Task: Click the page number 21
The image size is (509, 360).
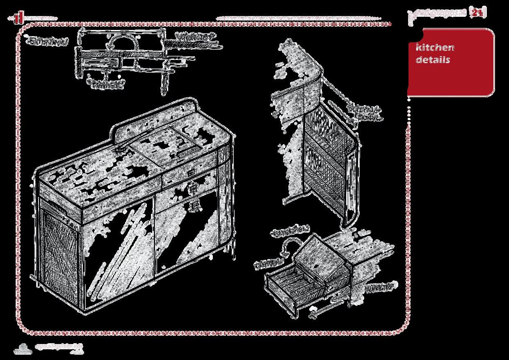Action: (x=476, y=13)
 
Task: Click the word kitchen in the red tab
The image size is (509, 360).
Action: (x=435, y=47)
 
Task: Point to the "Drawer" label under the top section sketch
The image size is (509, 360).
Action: (x=105, y=85)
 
